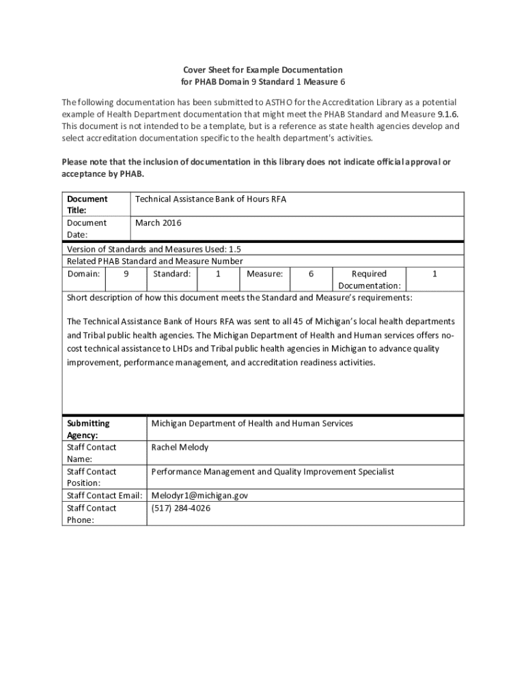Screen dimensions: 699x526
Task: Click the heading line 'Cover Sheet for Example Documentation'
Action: point(262,70)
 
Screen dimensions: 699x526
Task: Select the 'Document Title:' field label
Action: point(87,205)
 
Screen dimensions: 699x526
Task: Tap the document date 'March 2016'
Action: point(158,223)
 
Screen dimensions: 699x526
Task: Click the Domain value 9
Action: point(126,274)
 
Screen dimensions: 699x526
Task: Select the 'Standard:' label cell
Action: point(171,274)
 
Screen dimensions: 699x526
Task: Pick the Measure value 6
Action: point(311,274)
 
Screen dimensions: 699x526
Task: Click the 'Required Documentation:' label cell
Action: point(369,280)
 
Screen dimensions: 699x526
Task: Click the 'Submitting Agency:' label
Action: point(88,429)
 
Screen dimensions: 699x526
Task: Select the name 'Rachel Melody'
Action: point(180,447)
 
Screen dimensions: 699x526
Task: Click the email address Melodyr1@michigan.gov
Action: point(199,496)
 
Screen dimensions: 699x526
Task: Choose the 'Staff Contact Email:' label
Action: point(105,496)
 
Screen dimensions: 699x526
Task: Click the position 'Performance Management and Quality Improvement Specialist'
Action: point(272,472)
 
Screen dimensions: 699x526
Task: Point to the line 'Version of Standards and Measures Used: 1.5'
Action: point(154,250)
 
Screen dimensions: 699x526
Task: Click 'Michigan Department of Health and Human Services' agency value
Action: point(252,423)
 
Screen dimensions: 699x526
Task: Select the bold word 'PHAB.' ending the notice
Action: point(131,174)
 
